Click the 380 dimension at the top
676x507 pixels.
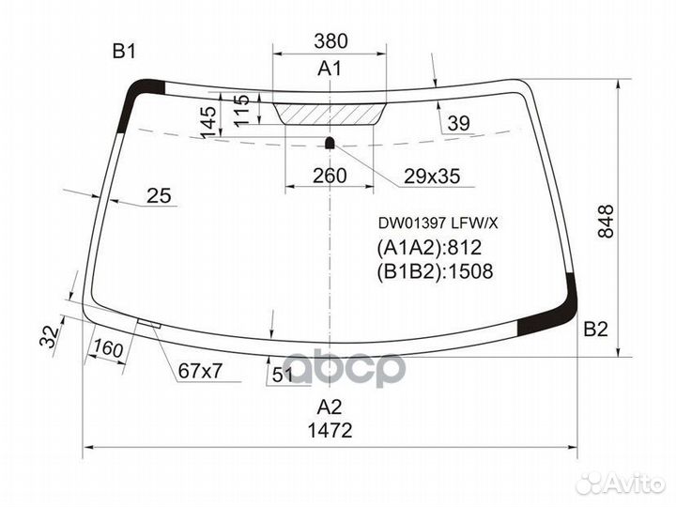330,41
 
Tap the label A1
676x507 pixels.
330,69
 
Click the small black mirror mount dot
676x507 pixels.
330,143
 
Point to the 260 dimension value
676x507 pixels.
330,176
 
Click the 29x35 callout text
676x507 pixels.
432,176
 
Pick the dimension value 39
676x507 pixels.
458,123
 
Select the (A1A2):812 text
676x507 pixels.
429,248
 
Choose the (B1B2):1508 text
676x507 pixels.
435,272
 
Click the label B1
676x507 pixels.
125,52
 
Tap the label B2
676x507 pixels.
596,329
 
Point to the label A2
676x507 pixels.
330,407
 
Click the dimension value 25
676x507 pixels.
160,195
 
